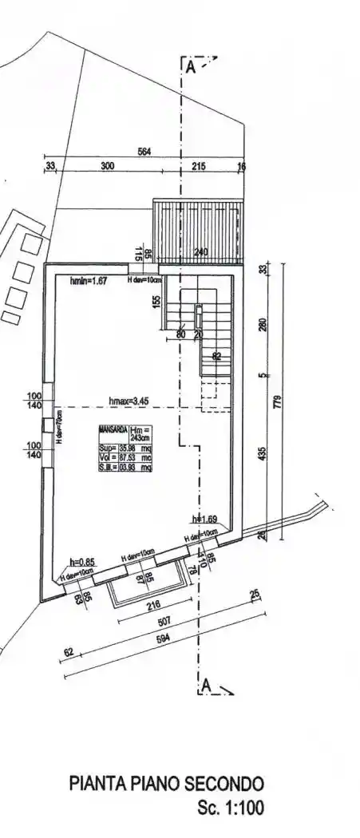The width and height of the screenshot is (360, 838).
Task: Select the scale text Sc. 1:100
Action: pyautogui.click(x=230, y=808)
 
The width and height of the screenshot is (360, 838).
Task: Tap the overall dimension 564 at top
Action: pyautogui.click(x=145, y=152)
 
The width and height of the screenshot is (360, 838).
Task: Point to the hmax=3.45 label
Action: pyautogui.click(x=130, y=399)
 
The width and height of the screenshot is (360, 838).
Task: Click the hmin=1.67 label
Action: pyautogui.click(x=89, y=281)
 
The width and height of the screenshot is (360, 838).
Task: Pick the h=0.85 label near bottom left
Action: pyautogui.click(x=82, y=562)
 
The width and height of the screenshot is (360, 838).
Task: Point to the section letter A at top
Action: pyautogui.click(x=190, y=68)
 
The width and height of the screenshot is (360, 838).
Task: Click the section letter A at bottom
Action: pyautogui.click(x=206, y=686)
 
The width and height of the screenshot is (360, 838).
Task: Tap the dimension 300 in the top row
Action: pyautogui.click(x=107, y=166)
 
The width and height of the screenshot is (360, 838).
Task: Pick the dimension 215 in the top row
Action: pyautogui.click(x=199, y=166)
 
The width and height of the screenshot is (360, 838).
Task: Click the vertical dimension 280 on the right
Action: pyautogui.click(x=263, y=324)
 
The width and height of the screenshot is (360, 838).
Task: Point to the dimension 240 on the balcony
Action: pyautogui.click(x=201, y=253)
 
